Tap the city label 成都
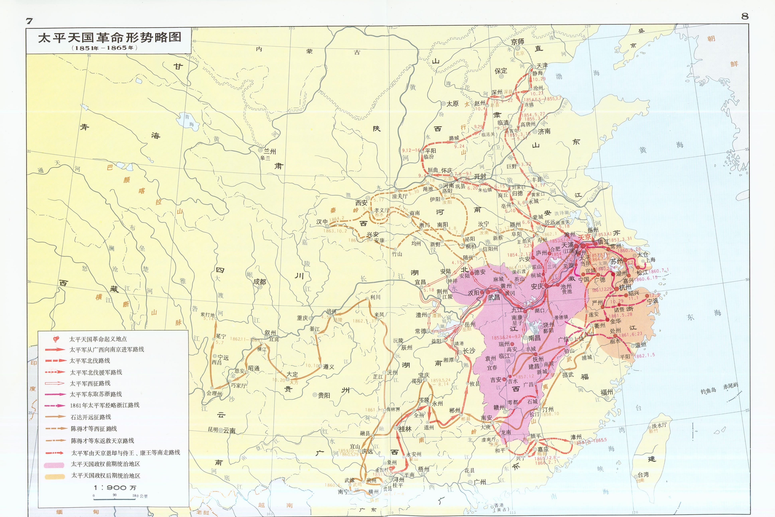click(259, 282)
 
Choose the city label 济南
click(544, 131)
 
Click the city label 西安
click(361, 203)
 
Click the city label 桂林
click(405, 429)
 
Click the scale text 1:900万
click(115, 487)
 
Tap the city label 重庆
click(302, 318)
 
